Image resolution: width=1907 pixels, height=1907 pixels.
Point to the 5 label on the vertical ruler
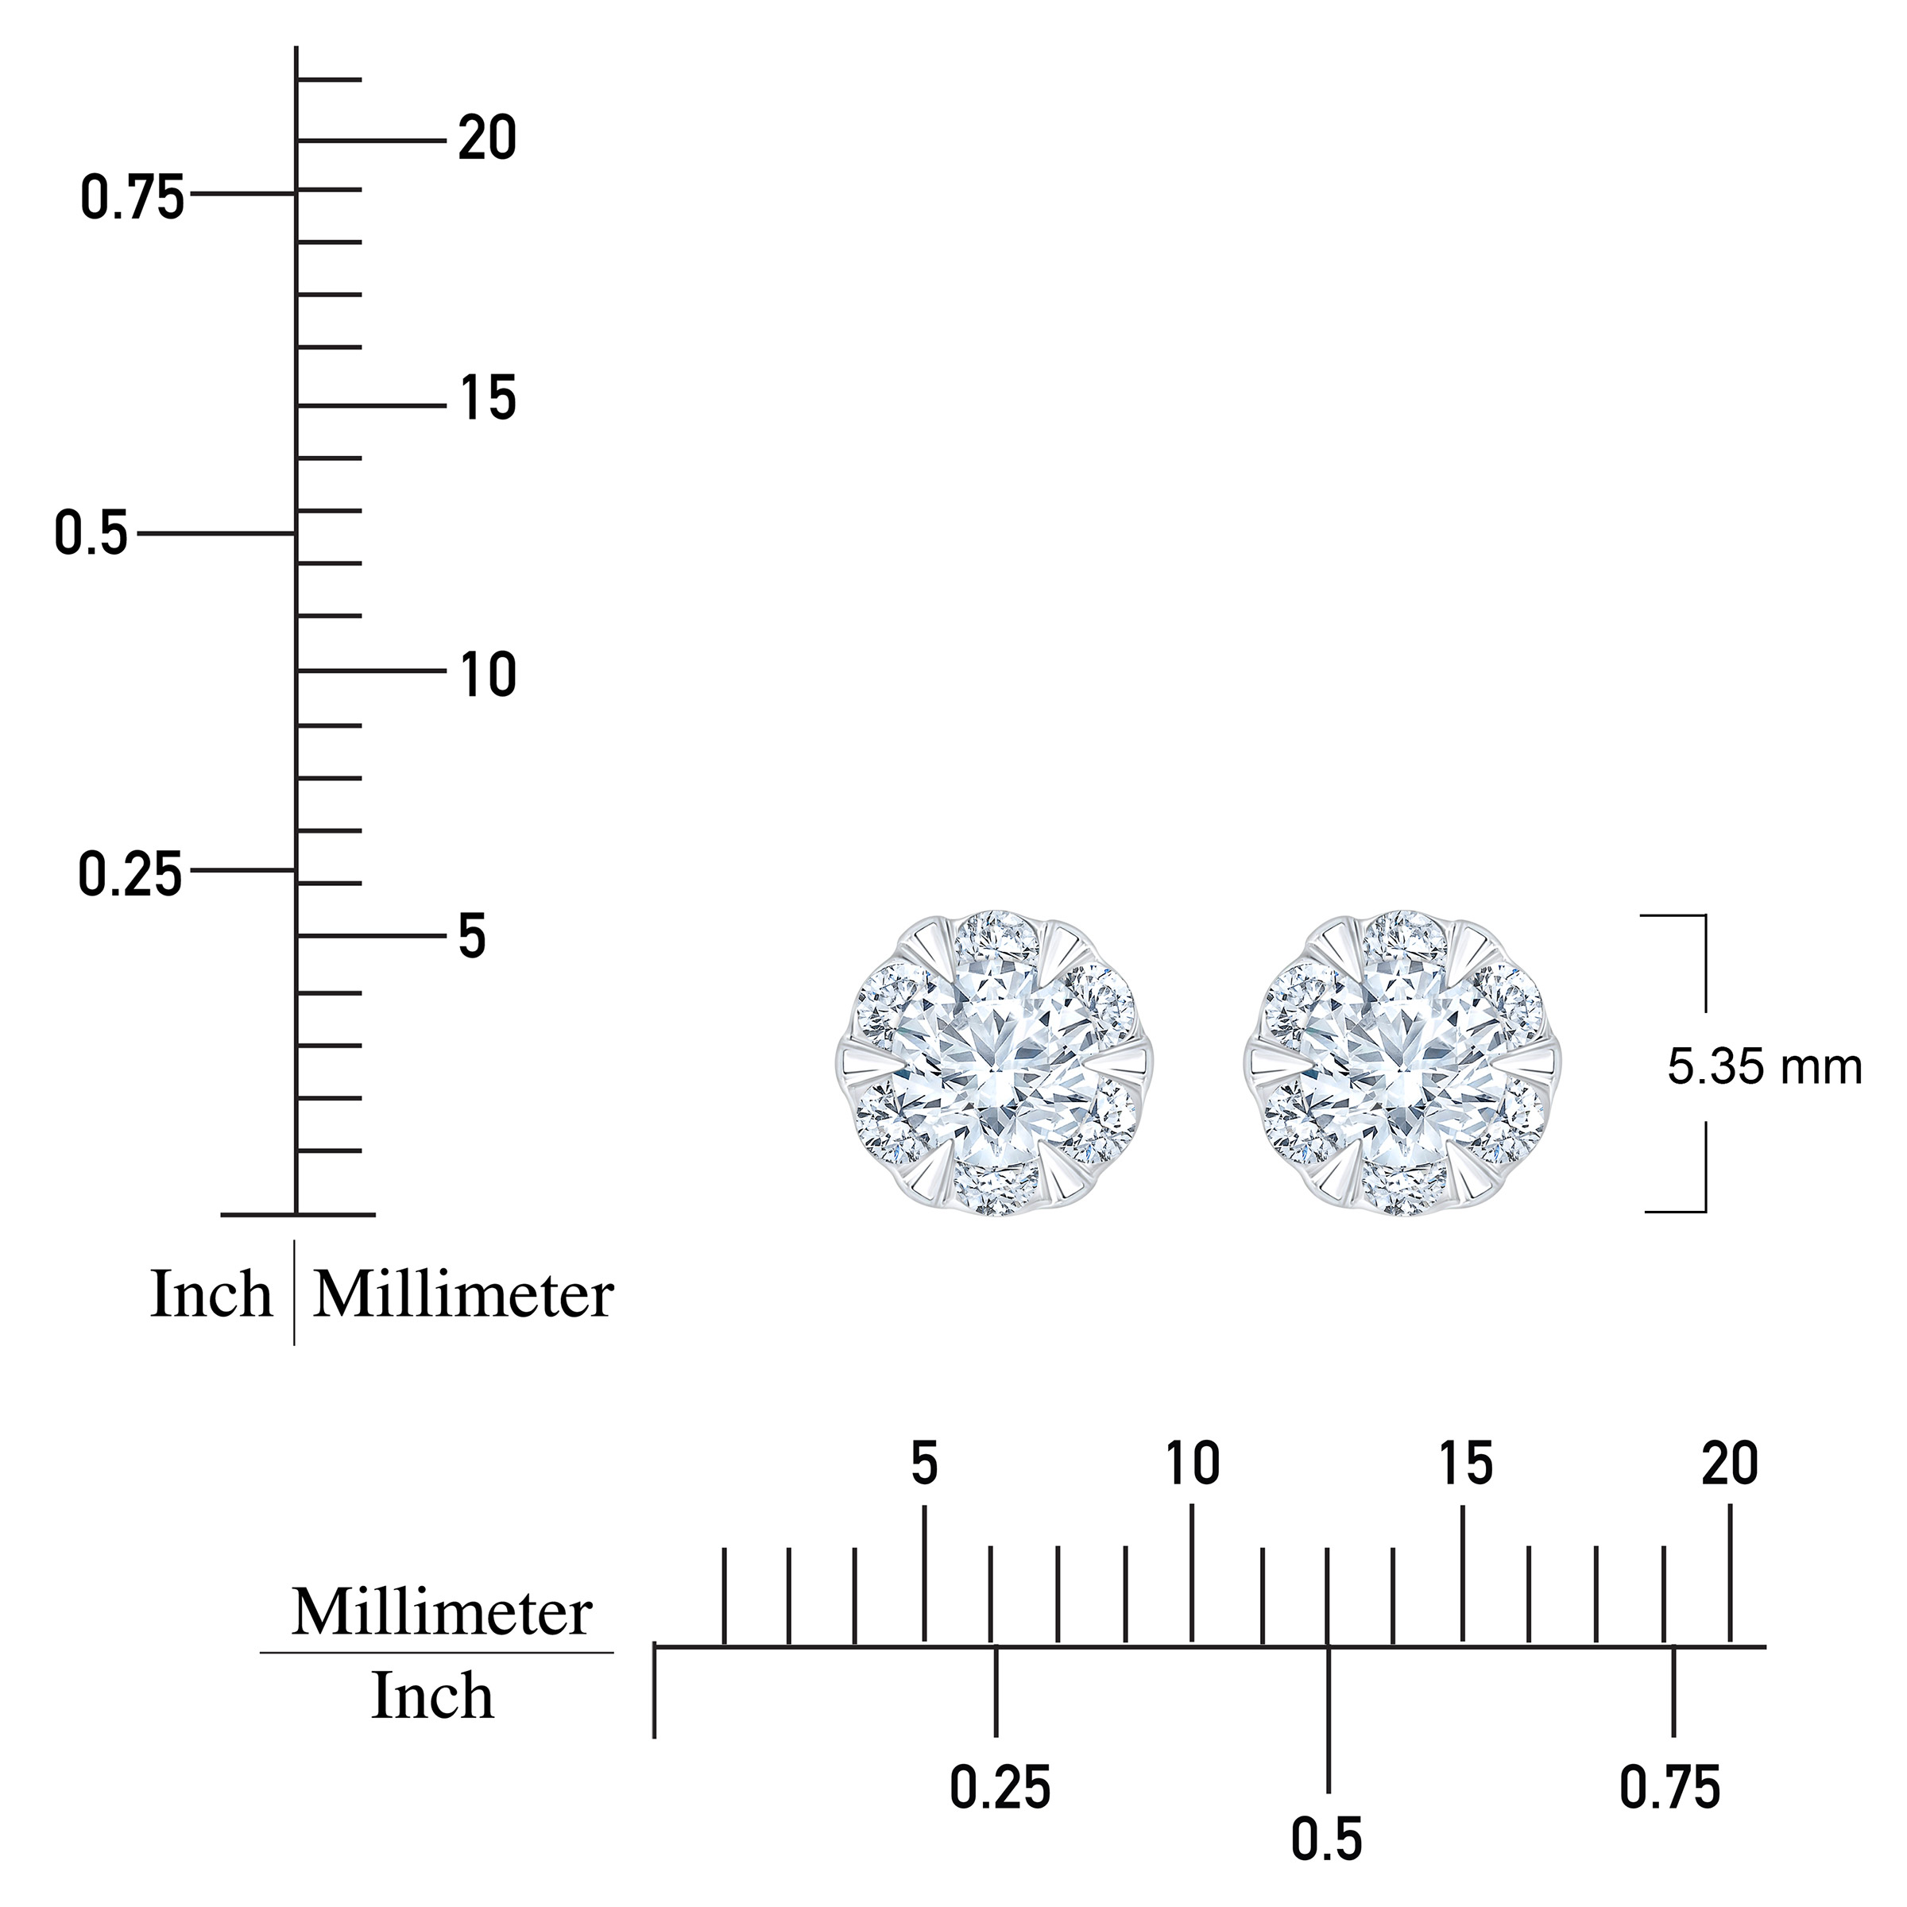(473, 937)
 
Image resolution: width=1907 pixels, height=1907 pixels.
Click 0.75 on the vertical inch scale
(132, 196)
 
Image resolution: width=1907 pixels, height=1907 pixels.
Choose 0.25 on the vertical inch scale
(130, 875)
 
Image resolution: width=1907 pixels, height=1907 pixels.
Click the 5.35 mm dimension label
(1765, 1067)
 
